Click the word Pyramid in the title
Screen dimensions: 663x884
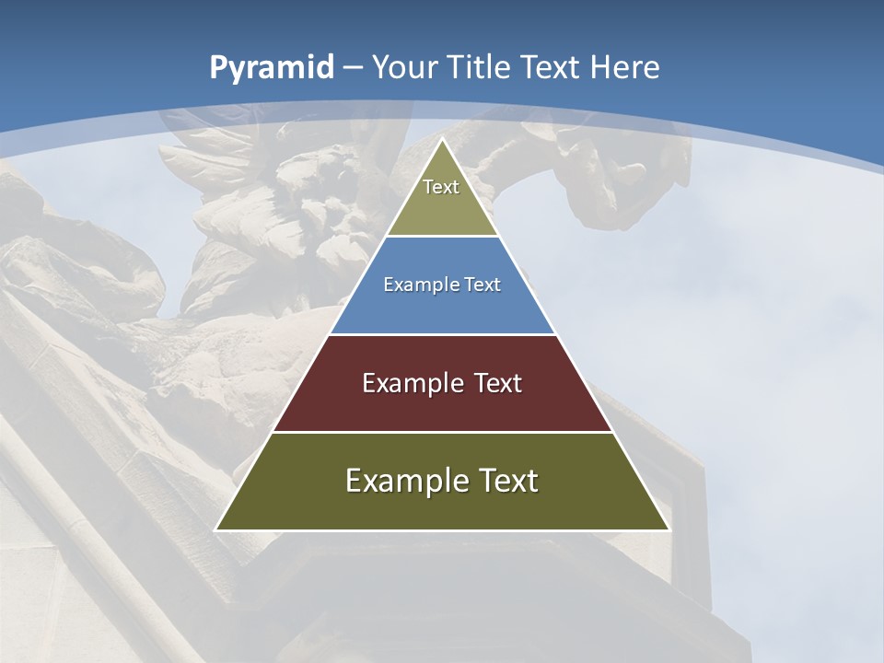click(272, 68)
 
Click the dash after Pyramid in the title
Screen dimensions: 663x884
click(353, 68)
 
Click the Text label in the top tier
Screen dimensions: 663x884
click(441, 187)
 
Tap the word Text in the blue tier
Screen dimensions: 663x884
click(483, 285)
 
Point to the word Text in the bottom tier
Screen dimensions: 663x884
click(506, 481)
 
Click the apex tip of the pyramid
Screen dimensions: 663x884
click(442, 139)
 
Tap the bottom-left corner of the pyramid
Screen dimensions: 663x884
click(216, 529)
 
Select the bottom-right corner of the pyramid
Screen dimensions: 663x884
click(669, 529)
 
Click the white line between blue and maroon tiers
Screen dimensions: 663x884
click(442, 334)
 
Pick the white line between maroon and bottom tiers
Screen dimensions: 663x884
click(442, 432)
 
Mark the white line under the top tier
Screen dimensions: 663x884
click(442, 236)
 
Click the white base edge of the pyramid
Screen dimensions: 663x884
click(442, 530)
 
